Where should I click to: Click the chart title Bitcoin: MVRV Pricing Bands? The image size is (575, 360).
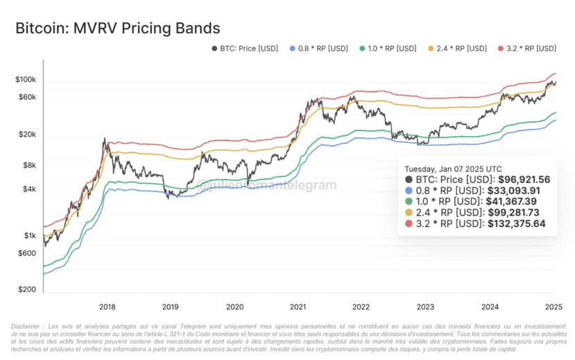click(x=117, y=28)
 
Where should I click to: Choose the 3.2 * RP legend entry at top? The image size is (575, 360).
click(x=527, y=49)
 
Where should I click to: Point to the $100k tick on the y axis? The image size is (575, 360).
click(x=26, y=80)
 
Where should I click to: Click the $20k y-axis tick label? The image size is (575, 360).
click(x=27, y=134)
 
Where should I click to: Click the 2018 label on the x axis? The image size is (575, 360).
click(x=107, y=306)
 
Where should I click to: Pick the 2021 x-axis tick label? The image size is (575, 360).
click(x=298, y=306)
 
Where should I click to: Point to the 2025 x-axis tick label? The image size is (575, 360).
click(x=553, y=306)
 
